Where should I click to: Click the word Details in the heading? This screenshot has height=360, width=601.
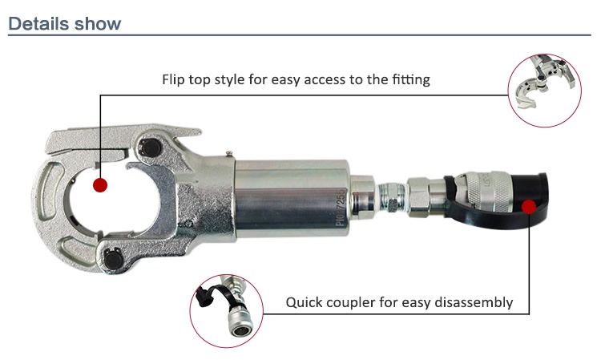[38, 23]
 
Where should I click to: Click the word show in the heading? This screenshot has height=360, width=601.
[98, 23]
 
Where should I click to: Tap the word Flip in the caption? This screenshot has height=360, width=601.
[171, 79]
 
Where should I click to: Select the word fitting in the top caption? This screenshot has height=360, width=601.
[410, 79]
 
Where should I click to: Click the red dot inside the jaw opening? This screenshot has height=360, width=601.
[100, 185]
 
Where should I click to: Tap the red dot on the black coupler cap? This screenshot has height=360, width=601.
[529, 207]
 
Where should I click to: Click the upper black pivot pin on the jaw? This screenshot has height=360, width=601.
[150, 148]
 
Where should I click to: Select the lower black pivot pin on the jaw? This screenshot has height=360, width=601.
[114, 259]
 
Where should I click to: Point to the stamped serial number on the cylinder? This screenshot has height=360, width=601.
[341, 208]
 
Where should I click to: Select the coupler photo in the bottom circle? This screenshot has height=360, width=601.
[227, 311]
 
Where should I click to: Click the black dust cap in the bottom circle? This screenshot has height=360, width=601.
[210, 295]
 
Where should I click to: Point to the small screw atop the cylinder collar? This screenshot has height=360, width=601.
[229, 154]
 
